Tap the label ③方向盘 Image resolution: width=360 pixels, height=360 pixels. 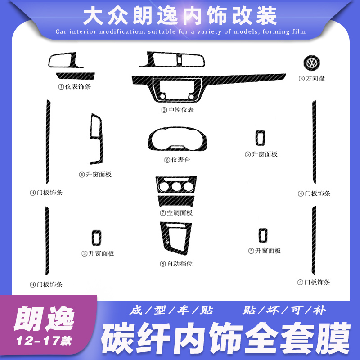(x=311, y=78)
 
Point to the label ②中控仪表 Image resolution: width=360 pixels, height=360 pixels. (x=178, y=110)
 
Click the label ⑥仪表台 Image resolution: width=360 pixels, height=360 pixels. (x=177, y=160)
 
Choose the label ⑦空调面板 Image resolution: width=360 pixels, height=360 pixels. (x=176, y=212)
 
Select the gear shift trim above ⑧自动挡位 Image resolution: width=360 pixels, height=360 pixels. (x=175, y=239)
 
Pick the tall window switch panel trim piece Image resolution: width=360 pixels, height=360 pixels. (x=96, y=139)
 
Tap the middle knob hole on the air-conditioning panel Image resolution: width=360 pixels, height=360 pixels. (x=176, y=186)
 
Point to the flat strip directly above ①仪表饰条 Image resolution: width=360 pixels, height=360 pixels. (x=74, y=75)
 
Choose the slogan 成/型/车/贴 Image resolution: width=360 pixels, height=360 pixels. (x=171, y=310)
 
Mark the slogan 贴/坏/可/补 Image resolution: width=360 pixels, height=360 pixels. (x=283, y=310)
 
